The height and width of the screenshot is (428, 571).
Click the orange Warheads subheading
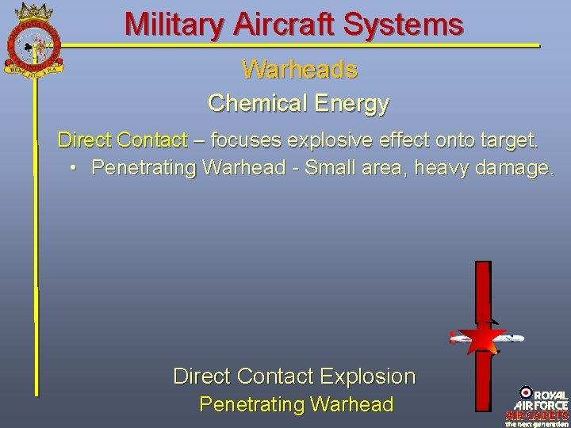(x=300, y=70)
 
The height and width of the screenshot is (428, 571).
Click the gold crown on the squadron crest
(x=32, y=11)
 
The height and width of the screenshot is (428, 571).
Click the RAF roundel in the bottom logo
(x=525, y=392)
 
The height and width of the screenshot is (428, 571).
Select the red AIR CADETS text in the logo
(x=537, y=415)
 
